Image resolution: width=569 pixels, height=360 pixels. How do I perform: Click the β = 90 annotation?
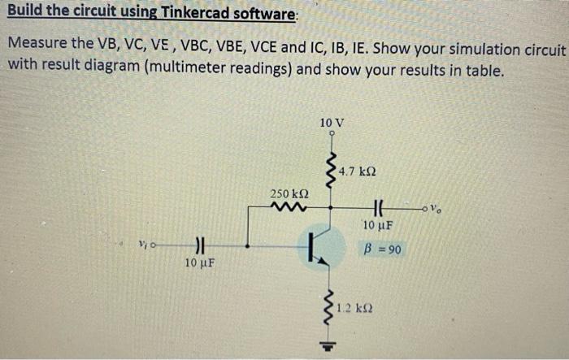(382, 249)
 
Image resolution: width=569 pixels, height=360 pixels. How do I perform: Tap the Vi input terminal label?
(141, 243)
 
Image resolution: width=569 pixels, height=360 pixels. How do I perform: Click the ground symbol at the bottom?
(332, 344)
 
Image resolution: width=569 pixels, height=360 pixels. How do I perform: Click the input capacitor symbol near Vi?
(198, 243)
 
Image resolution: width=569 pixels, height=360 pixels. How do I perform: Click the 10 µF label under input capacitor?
(199, 262)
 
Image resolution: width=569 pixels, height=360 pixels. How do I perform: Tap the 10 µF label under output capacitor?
(379, 225)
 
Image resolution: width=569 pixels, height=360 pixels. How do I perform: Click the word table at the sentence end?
(484, 69)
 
